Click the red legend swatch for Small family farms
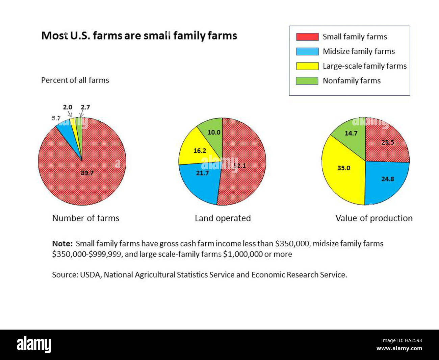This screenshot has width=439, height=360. click(307, 37)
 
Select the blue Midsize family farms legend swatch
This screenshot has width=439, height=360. click(307, 51)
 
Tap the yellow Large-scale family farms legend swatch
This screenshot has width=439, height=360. click(307, 66)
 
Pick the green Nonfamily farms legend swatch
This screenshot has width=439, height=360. click(307, 80)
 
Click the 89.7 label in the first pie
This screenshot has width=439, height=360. click(87, 173)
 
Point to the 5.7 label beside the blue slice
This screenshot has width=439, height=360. click(56, 118)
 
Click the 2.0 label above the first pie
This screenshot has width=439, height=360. click(68, 107)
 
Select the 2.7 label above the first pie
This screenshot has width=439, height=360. click(85, 107)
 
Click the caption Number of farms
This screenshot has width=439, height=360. click(86, 218)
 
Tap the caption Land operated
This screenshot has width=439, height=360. click(223, 218)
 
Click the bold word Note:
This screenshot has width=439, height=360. click(62, 244)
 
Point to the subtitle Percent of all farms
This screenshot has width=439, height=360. click(75, 80)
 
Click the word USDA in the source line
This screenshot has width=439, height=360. click(90, 275)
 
